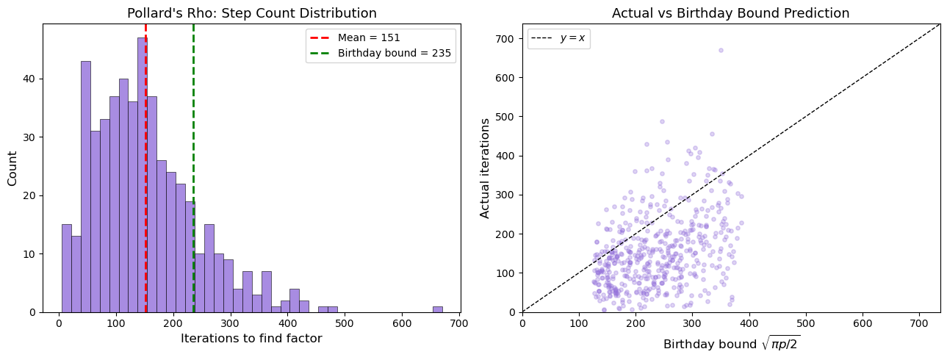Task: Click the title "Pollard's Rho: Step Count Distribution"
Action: (252, 13)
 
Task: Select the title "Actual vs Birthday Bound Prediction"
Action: (730, 13)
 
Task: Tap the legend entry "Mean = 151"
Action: (369, 37)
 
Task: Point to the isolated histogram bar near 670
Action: (437, 309)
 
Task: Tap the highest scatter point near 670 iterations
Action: (721, 50)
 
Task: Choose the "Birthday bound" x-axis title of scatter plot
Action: (730, 344)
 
